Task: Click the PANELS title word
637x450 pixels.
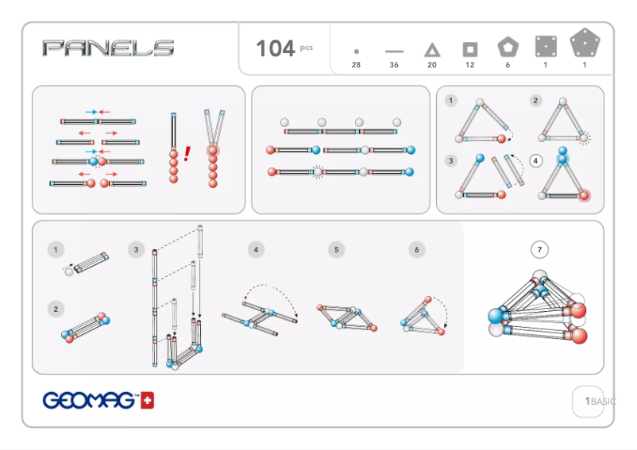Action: pyautogui.click(x=109, y=48)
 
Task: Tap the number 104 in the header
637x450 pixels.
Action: pyautogui.click(x=275, y=48)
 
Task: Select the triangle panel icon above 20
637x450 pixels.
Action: pyautogui.click(x=432, y=50)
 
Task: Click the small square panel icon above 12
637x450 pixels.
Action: pyautogui.click(x=470, y=49)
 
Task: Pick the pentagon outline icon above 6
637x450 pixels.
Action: pyautogui.click(x=508, y=47)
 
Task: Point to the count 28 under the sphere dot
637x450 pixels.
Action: pyautogui.click(x=356, y=65)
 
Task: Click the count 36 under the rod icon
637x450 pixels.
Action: pyautogui.click(x=394, y=65)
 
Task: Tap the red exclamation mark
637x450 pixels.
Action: pyautogui.click(x=187, y=154)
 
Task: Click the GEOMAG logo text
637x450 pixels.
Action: pyautogui.click(x=89, y=401)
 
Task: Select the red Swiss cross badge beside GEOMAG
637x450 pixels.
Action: pyautogui.click(x=147, y=401)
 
